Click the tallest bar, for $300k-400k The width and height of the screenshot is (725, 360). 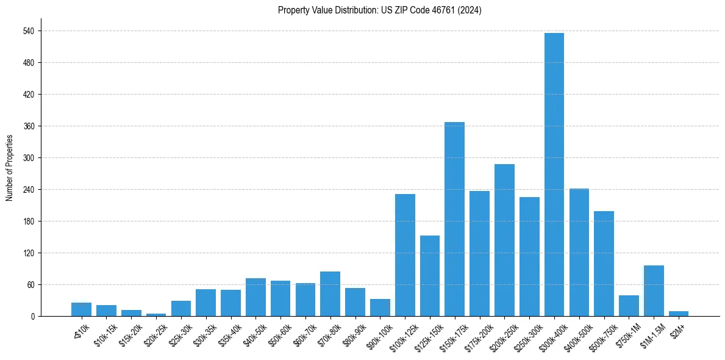[x=554, y=175]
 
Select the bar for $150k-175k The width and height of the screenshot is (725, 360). [x=454, y=219]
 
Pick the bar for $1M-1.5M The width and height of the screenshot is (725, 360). [x=654, y=291]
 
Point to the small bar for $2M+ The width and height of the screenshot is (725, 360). [x=679, y=314]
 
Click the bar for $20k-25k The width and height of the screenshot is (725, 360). [x=156, y=315]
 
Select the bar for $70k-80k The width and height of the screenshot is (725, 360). [x=330, y=294]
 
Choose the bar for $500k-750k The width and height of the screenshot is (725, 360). [x=604, y=264]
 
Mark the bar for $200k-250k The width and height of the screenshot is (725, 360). [x=504, y=240]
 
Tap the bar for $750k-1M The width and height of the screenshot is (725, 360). [x=629, y=306]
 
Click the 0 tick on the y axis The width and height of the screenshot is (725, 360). [x=32, y=317]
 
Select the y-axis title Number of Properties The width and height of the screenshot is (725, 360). [x=9, y=167]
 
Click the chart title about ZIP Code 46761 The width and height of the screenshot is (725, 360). [x=379, y=10]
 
